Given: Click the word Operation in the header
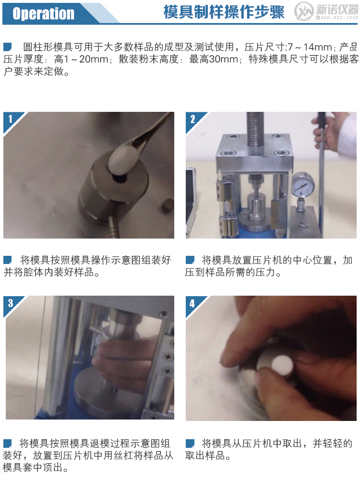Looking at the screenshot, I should pyautogui.click(x=43, y=13).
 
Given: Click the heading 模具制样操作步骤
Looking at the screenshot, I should pyautogui.click(x=224, y=12).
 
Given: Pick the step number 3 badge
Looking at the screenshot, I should pyautogui.click(x=10, y=302).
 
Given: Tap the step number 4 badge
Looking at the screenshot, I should pyautogui.click(x=192, y=302).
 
